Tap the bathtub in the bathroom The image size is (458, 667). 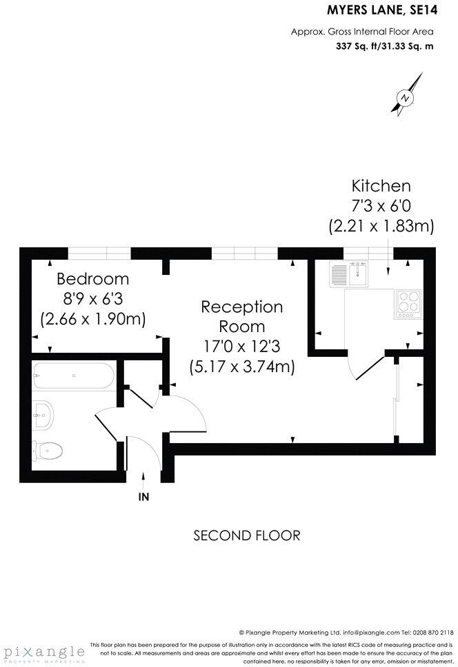pos(72,378)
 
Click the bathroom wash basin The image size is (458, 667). pos(43,414)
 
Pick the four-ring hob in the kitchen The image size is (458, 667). pos(408,304)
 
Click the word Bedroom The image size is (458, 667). pos(93,279)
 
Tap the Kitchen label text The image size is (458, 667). pos(381,185)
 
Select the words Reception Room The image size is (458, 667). pos(241,316)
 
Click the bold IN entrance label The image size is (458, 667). pos(143,495)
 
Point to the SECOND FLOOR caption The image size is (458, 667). pos(247,535)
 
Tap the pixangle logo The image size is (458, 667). pos(43,652)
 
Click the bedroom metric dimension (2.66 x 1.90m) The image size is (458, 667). pos(93,319)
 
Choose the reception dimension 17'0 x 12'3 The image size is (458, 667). pos(241,346)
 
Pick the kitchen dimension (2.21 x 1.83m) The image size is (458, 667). pos(381,225)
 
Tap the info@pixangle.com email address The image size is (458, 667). pos(364,632)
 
